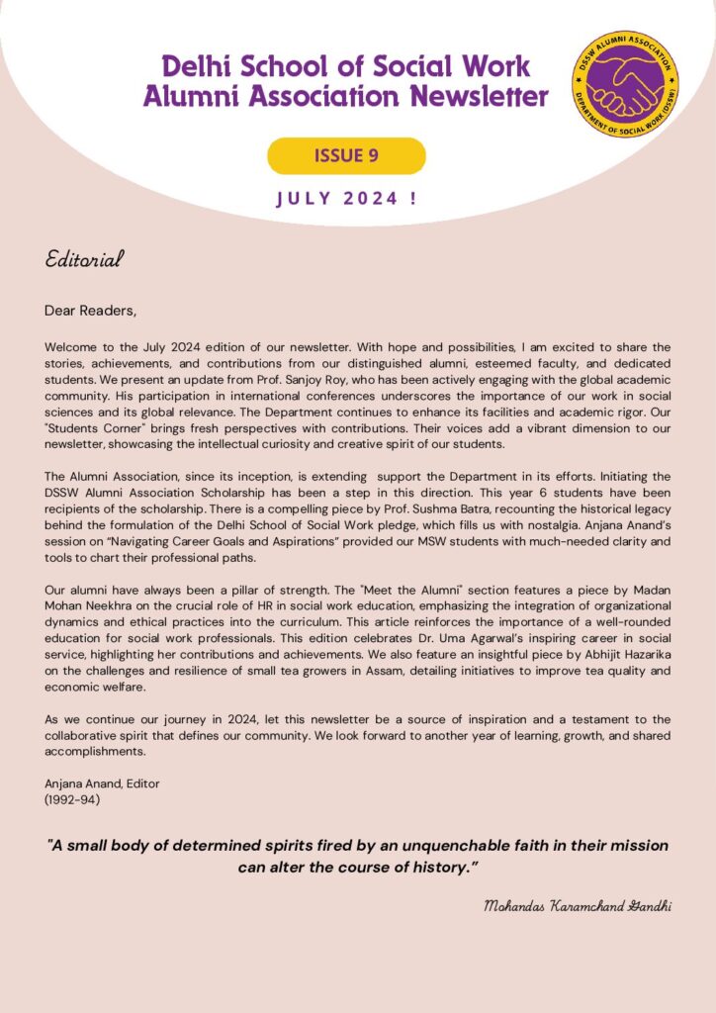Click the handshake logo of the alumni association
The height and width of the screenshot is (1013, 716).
[x=624, y=83]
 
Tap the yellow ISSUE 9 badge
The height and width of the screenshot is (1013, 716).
[x=346, y=155]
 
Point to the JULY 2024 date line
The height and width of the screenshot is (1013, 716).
[x=346, y=198]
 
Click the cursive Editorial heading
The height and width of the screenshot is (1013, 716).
[x=84, y=259]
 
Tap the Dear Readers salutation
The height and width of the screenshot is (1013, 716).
[x=90, y=311]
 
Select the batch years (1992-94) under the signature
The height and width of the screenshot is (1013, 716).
[x=72, y=798]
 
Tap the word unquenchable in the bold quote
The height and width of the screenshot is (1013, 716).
[x=449, y=846]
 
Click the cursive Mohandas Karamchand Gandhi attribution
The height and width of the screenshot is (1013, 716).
[x=578, y=906]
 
